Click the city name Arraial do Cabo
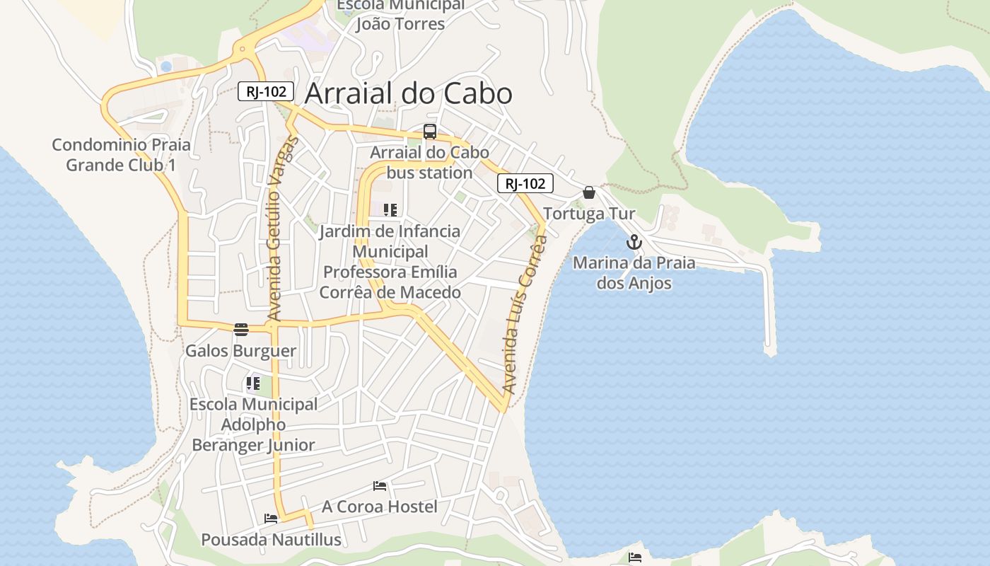(x=408, y=94)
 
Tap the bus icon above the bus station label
(x=430, y=132)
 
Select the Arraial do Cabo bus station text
(x=429, y=163)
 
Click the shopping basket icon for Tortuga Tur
(x=589, y=192)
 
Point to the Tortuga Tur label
(x=589, y=214)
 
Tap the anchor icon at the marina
(x=634, y=243)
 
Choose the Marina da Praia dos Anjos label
(x=634, y=273)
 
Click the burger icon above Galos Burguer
(x=241, y=329)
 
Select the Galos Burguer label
(x=240, y=351)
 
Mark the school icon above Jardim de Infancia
(x=390, y=210)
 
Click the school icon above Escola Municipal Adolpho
(x=253, y=383)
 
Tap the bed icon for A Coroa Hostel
(x=380, y=486)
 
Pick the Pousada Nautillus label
(x=271, y=540)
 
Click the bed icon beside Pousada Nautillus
(x=271, y=519)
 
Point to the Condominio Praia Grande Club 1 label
(x=121, y=155)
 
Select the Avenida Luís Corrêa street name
(x=524, y=315)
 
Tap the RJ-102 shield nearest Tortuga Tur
(x=525, y=184)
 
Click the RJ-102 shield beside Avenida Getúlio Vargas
(x=266, y=91)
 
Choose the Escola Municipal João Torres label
(x=400, y=14)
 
